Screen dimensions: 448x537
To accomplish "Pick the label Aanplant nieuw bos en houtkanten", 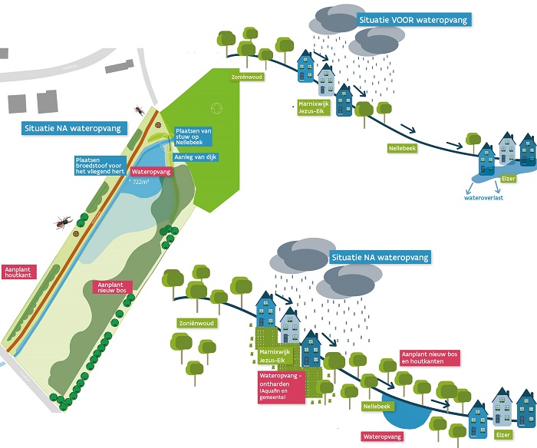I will click(431, 357).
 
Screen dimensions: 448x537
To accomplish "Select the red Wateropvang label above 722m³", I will click(150, 172).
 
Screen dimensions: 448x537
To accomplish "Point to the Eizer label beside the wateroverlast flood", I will click(507, 179).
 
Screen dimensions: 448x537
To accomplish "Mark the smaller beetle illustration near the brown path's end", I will click(139, 110).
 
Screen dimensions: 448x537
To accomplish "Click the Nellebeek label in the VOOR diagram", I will click(404, 147).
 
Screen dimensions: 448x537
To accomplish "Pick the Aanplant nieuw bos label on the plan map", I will click(111, 287).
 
